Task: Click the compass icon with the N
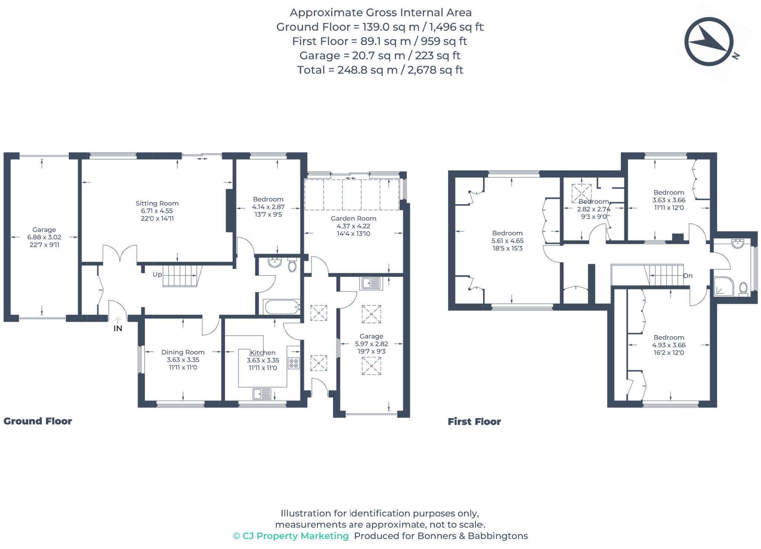[709, 42]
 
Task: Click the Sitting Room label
[157, 203]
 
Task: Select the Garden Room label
[353, 218]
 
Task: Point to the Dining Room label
[183, 352]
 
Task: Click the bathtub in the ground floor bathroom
[282, 307]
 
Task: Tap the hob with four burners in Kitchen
[294, 363]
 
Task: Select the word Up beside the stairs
[157, 274]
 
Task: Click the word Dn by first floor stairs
[688, 276]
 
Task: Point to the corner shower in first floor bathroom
[723, 287]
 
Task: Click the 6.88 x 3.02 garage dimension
[44, 237]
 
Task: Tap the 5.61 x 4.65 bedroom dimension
[507, 241]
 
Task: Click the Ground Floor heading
[38, 421]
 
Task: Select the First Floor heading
[474, 422]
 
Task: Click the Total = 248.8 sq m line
[380, 70]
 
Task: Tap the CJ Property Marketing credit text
[291, 536]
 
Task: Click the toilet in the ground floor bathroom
[292, 265]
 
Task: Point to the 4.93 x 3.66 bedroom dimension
[668, 345]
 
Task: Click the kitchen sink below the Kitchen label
[262, 393]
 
